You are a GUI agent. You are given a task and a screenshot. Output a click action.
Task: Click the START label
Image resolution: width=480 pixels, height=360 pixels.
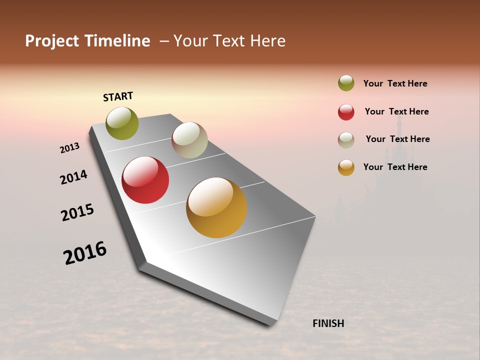[x=118, y=96]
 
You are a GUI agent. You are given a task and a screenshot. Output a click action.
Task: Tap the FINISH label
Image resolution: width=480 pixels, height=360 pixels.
[x=328, y=323]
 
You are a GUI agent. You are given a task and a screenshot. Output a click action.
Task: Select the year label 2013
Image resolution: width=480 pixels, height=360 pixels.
[x=69, y=148]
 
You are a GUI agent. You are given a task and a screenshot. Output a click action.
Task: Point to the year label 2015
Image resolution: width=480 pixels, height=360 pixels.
[x=77, y=212]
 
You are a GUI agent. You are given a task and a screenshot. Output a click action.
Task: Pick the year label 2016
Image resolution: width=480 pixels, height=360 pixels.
[x=85, y=252]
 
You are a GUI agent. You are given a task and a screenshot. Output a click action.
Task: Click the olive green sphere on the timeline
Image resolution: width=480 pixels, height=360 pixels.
[x=122, y=123]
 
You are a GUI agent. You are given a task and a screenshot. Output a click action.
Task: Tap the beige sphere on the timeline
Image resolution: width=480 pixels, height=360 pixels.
[x=189, y=140]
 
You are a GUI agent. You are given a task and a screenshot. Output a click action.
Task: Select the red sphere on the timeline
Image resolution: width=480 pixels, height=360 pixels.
[x=145, y=180]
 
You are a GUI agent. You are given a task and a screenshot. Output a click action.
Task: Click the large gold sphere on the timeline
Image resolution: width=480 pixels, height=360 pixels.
[x=216, y=207]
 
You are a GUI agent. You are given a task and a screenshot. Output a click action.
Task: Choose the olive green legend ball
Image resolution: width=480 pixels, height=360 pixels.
[x=346, y=83]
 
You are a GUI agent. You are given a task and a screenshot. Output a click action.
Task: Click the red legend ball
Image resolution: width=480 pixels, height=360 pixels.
[x=346, y=112]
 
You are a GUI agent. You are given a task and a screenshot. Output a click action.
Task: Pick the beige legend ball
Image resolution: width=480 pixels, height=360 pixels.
[x=346, y=140]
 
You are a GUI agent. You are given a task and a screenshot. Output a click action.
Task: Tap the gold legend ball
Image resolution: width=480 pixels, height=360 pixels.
[x=346, y=167]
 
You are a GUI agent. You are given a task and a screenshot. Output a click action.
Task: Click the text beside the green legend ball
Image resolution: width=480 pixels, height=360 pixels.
[x=395, y=83]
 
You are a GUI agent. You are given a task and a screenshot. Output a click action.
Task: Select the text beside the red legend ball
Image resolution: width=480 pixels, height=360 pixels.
[x=396, y=111]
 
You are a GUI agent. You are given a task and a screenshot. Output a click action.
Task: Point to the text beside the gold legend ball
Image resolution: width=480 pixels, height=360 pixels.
[x=395, y=167]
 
